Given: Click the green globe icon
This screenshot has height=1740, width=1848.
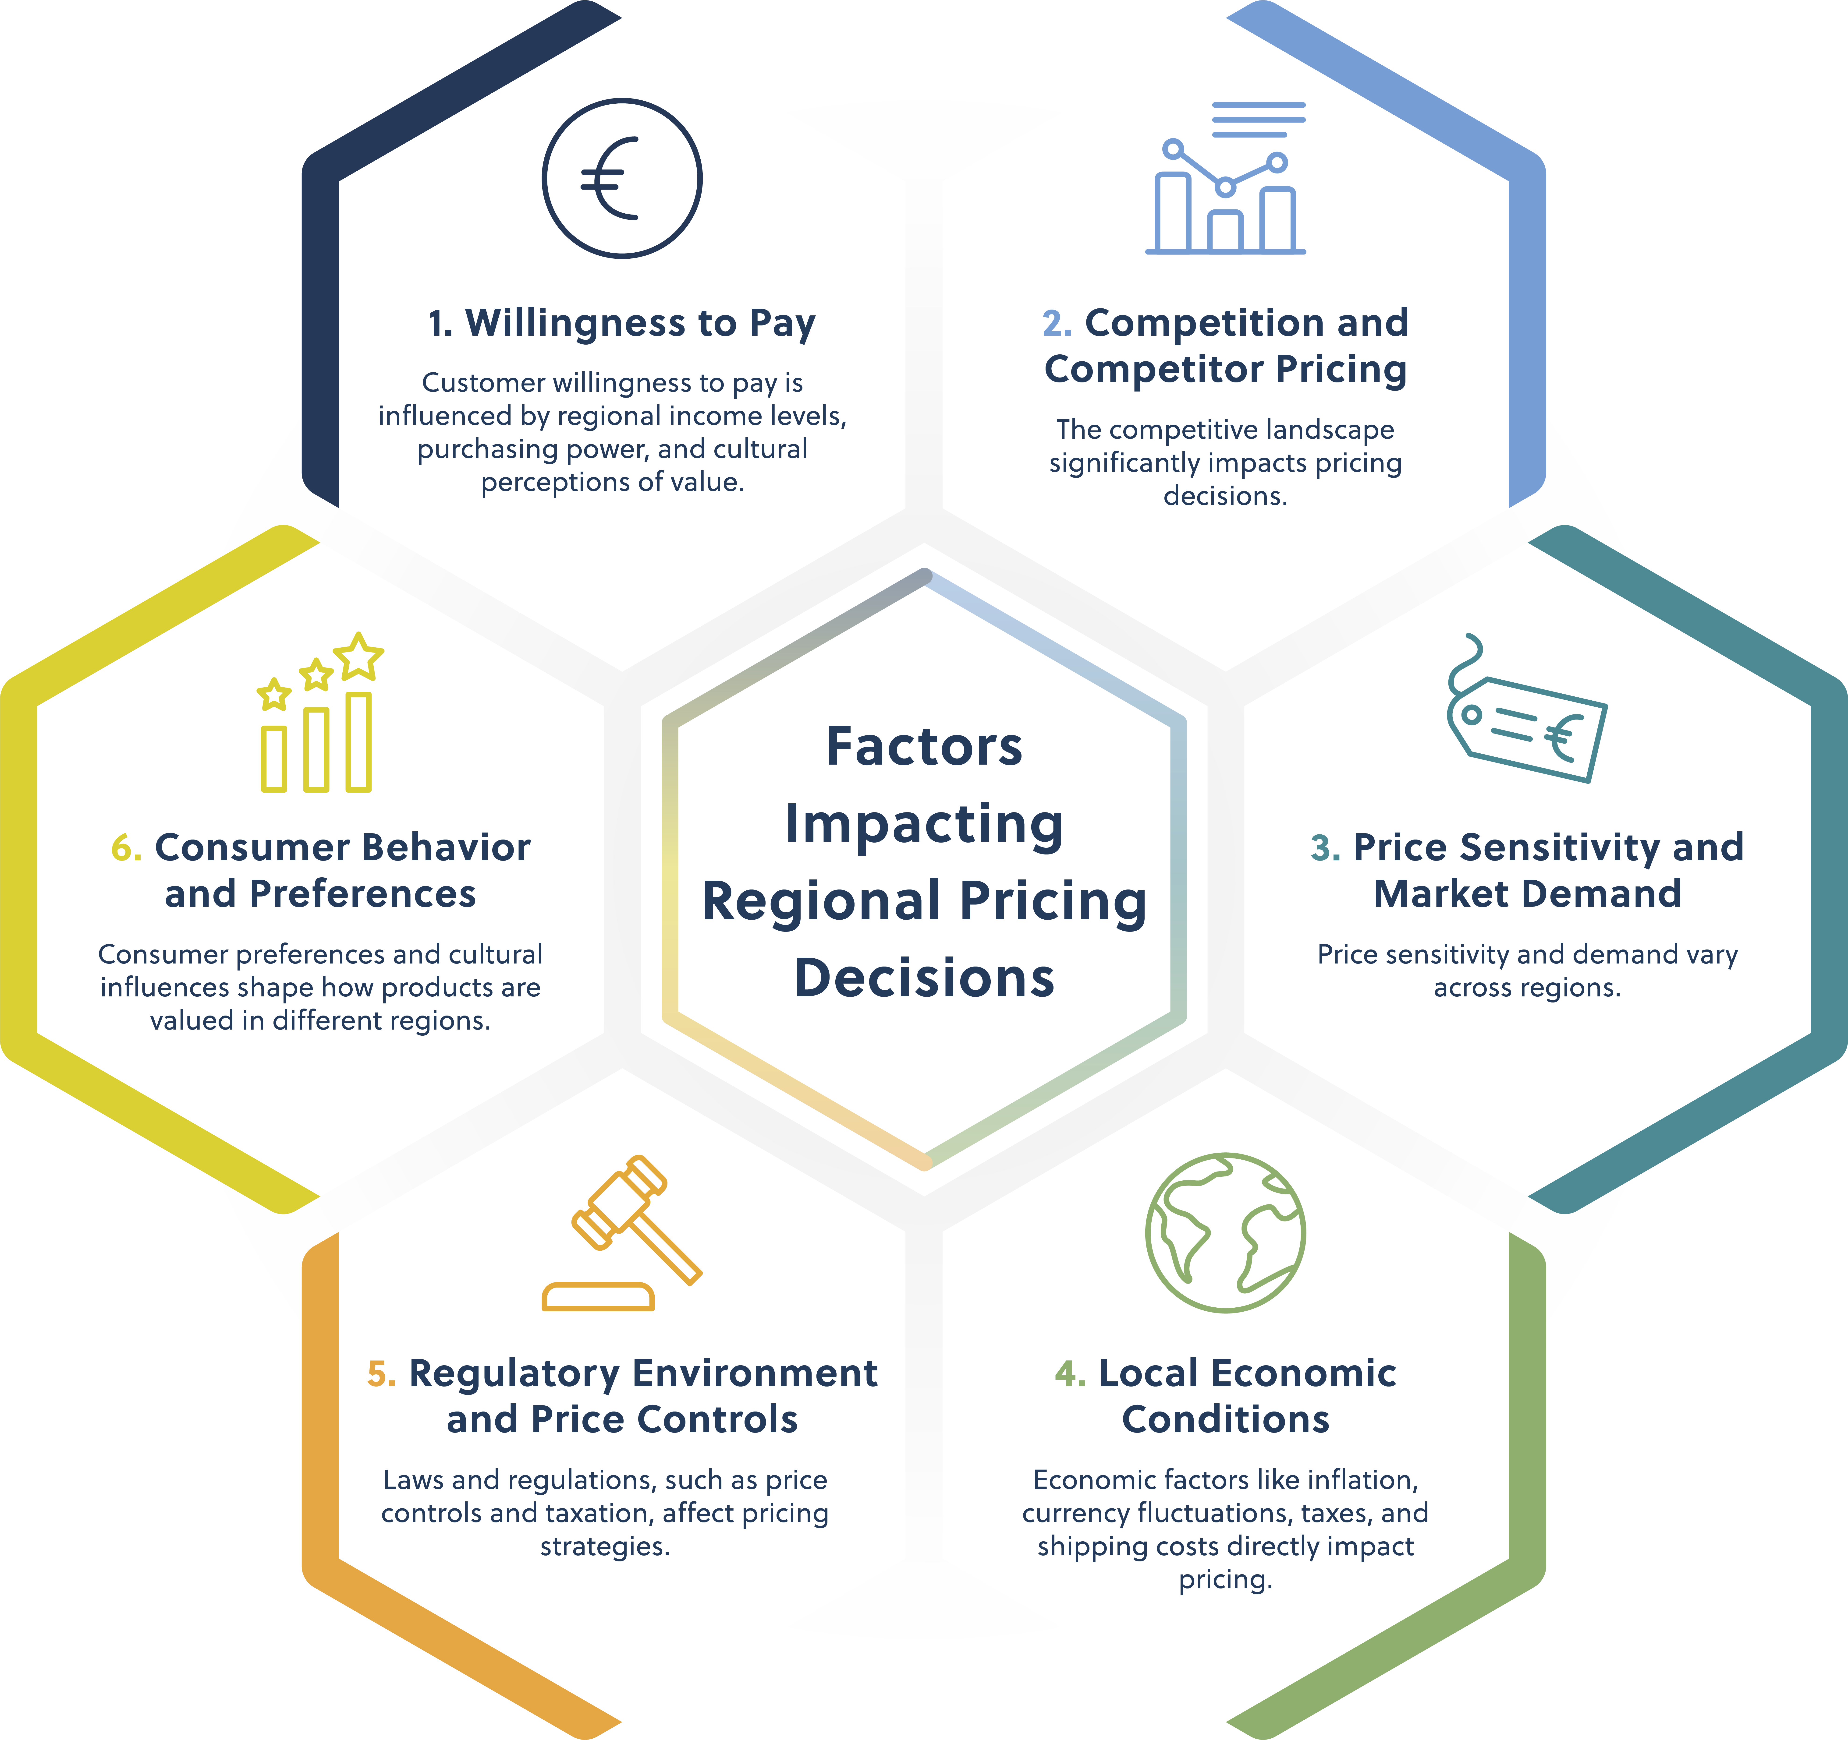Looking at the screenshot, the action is pyautogui.click(x=1225, y=1232).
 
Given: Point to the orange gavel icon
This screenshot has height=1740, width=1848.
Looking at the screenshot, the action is pyautogui.click(x=621, y=1232).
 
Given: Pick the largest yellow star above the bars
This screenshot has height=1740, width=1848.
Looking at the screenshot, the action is pyautogui.click(x=359, y=656).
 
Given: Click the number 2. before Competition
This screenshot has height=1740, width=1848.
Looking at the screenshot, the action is pyautogui.click(x=1057, y=323).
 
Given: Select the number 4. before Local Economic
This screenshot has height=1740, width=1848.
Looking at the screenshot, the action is pyautogui.click(x=1070, y=1373).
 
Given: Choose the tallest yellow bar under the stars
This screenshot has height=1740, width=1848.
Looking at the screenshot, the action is pyautogui.click(x=359, y=742).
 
